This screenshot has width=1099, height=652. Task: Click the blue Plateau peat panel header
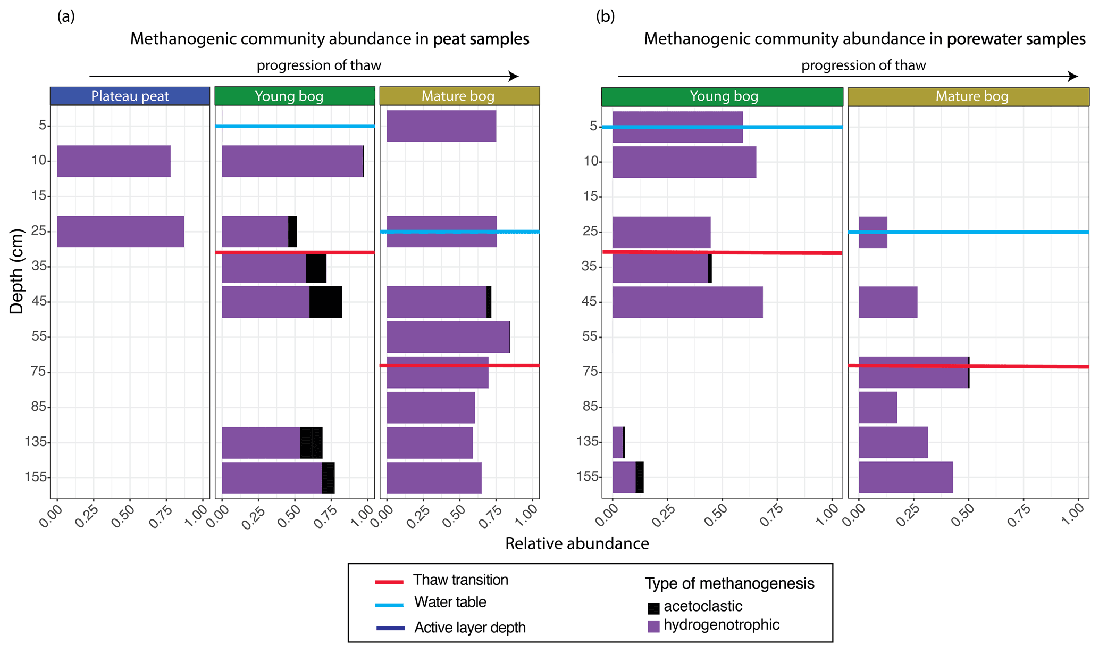click(x=130, y=96)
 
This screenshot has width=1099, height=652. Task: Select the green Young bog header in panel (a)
click(x=295, y=96)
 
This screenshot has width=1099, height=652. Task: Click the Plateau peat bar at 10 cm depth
click(x=114, y=161)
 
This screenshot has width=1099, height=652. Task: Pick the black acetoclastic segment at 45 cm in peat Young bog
click(x=325, y=302)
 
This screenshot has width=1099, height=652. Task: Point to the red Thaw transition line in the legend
click(x=389, y=582)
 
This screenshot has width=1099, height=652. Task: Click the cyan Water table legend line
click(x=389, y=605)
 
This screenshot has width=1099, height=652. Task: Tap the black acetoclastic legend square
click(x=653, y=608)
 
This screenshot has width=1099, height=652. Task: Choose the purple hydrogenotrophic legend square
click(x=653, y=626)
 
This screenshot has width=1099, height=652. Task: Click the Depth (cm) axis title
click(x=17, y=271)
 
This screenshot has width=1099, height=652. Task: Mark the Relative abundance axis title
click(x=577, y=543)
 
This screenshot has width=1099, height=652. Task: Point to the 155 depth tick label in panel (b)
click(x=587, y=477)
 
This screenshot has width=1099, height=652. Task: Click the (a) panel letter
click(x=66, y=16)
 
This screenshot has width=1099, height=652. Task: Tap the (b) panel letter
click(x=605, y=16)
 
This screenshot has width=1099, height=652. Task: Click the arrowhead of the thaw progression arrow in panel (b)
click(x=1073, y=77)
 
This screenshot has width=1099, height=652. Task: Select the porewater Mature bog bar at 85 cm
click(x=878, y=408)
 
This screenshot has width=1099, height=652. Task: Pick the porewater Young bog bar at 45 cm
click(x=687, y=302)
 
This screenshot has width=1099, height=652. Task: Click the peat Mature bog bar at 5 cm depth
click(x=441, y=126)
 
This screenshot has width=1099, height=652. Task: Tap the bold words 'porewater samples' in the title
click(x=1016, y=39)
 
